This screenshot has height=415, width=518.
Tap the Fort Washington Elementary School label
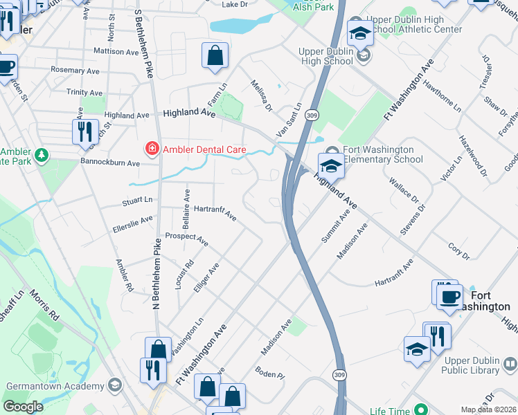click(378, 154)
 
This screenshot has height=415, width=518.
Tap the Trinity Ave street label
click(84, 92)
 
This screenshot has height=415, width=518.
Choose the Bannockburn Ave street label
click(111, 164)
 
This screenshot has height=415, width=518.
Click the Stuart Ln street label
click(136, 201)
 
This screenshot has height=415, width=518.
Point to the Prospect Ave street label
click(187, 239)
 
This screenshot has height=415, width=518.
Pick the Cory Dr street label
click(458, 250)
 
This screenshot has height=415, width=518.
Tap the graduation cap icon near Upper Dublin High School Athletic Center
click(361, 33)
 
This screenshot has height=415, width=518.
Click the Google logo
click(23, 407)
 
